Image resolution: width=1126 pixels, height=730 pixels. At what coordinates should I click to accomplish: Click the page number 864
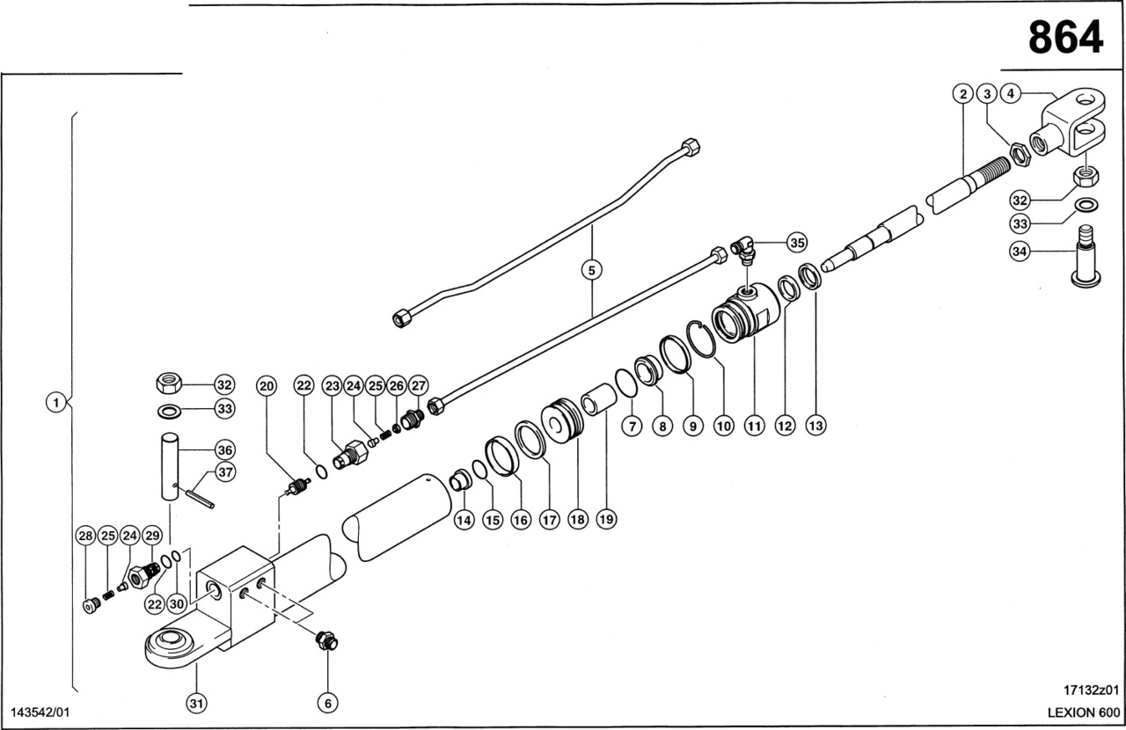(x=1064, y=37)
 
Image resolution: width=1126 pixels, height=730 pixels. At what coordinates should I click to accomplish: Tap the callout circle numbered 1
(x=55, y=403)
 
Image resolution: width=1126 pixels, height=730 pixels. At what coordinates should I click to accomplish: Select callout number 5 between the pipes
(x=592, y=270)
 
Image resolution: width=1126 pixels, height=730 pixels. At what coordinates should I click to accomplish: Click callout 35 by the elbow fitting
(x=796, y=241)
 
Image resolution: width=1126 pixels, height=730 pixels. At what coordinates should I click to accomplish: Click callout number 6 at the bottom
(x=327, y=703)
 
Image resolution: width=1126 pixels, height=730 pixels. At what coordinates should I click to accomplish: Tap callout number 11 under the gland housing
(x=754, y=426)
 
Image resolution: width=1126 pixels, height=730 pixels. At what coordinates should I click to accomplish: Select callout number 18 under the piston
(x=577, y=520)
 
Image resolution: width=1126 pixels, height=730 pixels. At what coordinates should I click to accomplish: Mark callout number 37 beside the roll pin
(x=226, y=473)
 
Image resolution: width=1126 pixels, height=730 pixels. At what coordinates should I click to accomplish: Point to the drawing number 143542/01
(x=40, y=711)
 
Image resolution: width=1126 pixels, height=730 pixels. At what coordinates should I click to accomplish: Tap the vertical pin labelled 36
(x=170, y=465)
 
